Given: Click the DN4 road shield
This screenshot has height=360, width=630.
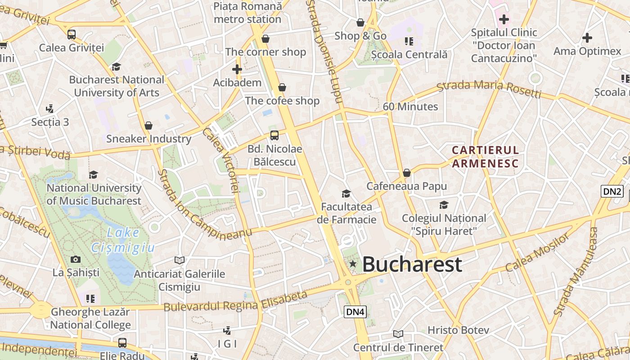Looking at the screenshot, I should [355, 311].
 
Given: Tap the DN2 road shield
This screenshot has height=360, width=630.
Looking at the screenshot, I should [612, 191].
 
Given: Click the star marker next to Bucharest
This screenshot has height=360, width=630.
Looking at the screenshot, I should [353, 264].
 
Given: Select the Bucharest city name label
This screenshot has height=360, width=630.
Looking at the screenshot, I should [412, 264].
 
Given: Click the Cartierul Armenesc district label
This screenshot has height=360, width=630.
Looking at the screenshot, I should [485, 156].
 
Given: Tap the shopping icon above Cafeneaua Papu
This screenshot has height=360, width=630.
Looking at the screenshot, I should [407, 173].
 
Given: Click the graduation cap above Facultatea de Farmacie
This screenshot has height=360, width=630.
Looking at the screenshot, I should [346, 193].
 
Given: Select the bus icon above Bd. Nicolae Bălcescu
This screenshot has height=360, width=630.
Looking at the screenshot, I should [274, 135].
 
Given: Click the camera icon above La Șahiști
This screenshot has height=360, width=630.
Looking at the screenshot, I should [76, 259].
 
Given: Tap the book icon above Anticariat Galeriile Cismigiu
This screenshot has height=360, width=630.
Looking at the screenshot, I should [179, 260].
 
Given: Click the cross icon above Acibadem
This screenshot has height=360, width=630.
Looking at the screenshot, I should [237, 69].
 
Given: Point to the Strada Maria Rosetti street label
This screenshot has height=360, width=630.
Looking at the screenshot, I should [489, 88].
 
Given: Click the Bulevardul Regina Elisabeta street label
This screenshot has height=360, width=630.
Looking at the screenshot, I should [235, 302].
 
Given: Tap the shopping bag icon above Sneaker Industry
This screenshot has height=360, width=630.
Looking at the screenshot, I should [148, 126].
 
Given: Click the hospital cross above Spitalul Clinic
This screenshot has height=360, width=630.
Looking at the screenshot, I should [504, 19].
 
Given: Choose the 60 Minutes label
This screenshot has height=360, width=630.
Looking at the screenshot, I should [410, 107].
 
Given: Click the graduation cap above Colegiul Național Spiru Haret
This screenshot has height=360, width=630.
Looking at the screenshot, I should [444, 205].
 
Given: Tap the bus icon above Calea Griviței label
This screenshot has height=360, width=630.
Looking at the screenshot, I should [71, 34].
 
